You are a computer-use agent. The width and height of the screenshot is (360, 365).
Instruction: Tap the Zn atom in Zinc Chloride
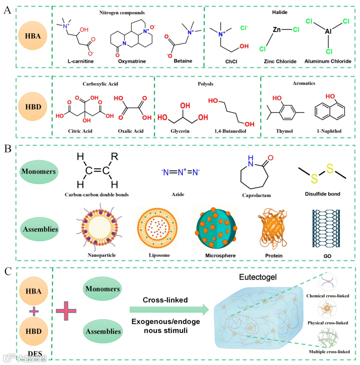(277, 30)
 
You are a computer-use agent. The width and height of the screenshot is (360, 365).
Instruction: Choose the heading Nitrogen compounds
(122, 13)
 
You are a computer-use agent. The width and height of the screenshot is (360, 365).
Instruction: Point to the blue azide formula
(180, 172)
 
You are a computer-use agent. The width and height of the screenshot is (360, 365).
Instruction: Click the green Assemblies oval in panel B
(39, 230)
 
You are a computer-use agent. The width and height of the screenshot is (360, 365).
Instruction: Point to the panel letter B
(8, 149)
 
